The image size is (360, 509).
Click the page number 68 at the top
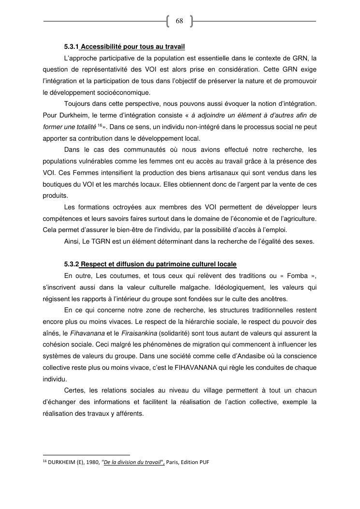coord(179,21)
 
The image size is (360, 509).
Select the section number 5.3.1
coord(72,47)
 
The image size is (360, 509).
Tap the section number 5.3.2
coord(72,264)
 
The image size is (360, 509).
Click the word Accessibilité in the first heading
coord(102,47)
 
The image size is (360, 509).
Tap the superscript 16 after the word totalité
coord(99,126)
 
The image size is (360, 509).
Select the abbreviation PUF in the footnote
coord(204,462)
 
